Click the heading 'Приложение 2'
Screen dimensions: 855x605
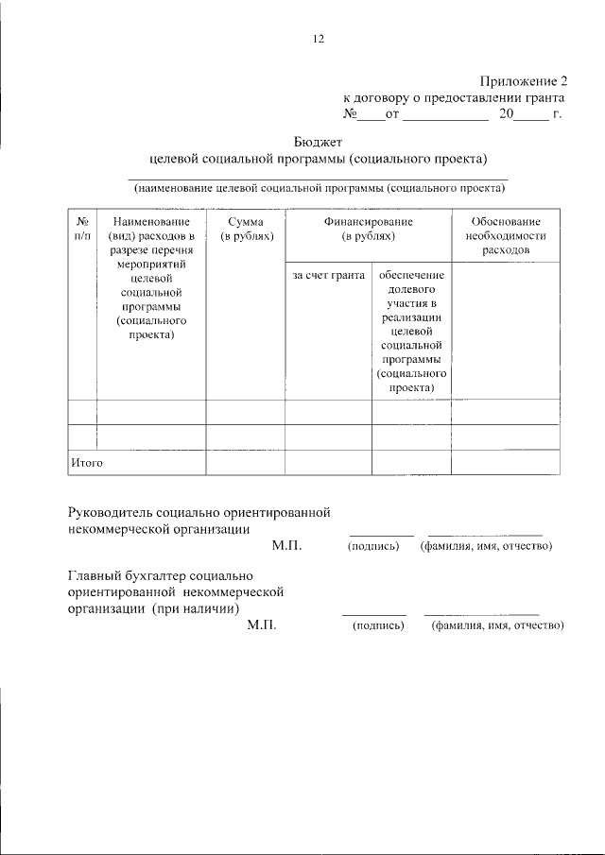pyautogui.click(x=520, y=81)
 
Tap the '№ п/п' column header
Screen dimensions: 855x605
pyautogui.click(x=81, y=228)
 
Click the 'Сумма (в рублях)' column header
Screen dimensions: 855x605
pyautogui.click(x=246, y=228)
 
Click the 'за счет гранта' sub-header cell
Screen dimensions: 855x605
pyautogui.click(x=328, y=275)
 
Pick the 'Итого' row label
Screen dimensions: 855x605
pyautogui.click(x=86, y=463)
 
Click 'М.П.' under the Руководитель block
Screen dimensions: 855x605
pyautogui.click(x=285, y=546)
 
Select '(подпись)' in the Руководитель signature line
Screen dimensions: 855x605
pyautogui.click(x=373, y=546)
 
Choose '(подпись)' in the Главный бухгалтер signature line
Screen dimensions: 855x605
pyautogui.click(x=377, y=624)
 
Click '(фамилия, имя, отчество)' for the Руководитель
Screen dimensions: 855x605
pyautogui.click(x=486, y=546)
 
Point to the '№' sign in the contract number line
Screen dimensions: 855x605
pyautogui.click(x=349, y=114)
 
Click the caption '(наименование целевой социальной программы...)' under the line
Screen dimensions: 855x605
pyautogui.click(x=319, y=187)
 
